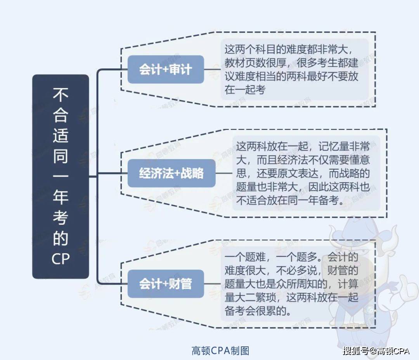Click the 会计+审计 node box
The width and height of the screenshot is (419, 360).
click(166, 70)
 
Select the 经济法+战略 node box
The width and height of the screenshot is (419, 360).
click(171, 173)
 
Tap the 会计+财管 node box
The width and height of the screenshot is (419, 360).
click(166, 284)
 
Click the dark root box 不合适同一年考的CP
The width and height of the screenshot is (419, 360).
click(61, 176)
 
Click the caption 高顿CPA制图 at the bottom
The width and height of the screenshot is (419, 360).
click(220, 351)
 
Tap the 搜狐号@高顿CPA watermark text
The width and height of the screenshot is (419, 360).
click(376, 351)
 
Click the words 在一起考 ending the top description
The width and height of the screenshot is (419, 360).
click(245, 89)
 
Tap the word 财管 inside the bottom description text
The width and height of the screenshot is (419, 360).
click(348, 271)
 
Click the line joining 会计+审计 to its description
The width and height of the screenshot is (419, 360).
click(212, 70)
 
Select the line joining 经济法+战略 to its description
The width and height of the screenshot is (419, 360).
click(223, 174)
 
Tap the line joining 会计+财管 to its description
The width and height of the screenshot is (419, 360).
click(212, 284)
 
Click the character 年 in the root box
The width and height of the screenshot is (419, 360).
click(61, 197)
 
